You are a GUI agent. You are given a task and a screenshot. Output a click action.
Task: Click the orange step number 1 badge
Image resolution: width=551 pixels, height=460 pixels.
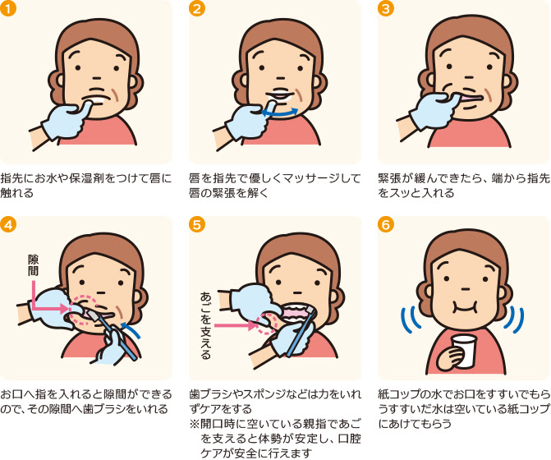coord(8,8)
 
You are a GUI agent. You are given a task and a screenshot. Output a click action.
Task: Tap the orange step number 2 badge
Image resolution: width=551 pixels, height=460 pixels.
coord(197,8)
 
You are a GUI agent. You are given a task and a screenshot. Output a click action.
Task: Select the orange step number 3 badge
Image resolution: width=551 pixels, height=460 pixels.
coord(385,8)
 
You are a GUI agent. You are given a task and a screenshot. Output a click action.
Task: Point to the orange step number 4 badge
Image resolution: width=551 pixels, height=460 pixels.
coord(8,224)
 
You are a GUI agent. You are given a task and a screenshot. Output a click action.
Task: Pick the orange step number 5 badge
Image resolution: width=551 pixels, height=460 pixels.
coord(197,224)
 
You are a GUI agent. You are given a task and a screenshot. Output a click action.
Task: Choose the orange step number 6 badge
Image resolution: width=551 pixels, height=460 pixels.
coord(385,224)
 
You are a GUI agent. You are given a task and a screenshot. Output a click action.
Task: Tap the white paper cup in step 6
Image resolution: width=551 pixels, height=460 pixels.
coord(464,351)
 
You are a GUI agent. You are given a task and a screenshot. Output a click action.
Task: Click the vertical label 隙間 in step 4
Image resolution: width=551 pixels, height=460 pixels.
coord(34,265)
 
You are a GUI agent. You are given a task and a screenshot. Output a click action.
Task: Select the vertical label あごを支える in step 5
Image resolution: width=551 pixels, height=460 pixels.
coord(205,325)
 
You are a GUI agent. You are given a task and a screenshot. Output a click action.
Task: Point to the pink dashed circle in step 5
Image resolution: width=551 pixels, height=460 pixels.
coord(266,324)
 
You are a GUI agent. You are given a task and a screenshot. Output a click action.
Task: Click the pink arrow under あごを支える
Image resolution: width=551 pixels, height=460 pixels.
coord(235,326)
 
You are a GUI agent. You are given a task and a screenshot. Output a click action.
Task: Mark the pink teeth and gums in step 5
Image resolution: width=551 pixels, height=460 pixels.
coord(297,314)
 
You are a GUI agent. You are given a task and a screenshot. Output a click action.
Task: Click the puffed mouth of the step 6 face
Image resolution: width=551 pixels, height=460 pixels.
coord(466,306)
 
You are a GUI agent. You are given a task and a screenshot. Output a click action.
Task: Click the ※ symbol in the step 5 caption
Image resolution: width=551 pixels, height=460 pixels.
coord(195,424)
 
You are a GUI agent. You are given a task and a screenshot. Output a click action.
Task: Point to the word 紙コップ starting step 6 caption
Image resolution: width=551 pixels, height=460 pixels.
coord(401,394)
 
